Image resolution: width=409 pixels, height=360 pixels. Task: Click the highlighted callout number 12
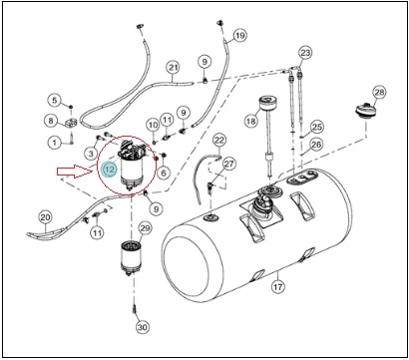pyautogui.click(x=110, y=170)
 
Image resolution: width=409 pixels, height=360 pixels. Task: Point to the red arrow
pyautogui.click(x=76, y=171)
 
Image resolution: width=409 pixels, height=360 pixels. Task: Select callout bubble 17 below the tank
pyautogui.click(x=278, y=286)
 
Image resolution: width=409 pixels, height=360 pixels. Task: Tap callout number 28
pyautogui.click(x=379, y=93)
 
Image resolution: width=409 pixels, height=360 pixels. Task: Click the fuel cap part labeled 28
pyautogui.click(x=364, y=110)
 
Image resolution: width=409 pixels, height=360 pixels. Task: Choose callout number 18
pyautogui.click(x=251, y=121)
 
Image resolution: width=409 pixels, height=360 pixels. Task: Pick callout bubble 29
pyautogui.click(x=145, y=228)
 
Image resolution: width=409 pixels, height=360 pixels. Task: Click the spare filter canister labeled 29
pyautogui.click(x=131, y=259)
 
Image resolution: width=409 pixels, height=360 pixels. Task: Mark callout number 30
pyautogui.click(x=143, y=327)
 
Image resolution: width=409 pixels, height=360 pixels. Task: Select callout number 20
pyautogui.click(x=45, y=217)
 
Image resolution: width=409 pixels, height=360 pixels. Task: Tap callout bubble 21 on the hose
pyautogui.click(x=174, y=68)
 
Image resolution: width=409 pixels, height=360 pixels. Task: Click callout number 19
pyautogui.click(x=240, y=35)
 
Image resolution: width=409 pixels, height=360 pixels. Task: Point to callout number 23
pyautogui.click(x=305, y=53)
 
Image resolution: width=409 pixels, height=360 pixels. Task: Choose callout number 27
pyautogui.click(x=228, y=164)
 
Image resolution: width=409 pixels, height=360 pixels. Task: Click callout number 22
pyautogui.click(x=219, y=140)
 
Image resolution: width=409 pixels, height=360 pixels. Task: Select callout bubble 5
pyautogui.click(x=55, y=100)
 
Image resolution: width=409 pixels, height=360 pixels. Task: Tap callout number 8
pyautogui.click(x=51, y=121)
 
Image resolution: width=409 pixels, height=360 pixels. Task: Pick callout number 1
pyautogui.click(x=55, y=143)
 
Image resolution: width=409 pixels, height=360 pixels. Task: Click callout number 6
pyautogui.click(x=164, y=173)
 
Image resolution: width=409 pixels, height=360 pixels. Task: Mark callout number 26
pyautogui.click(x=316, y=145)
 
